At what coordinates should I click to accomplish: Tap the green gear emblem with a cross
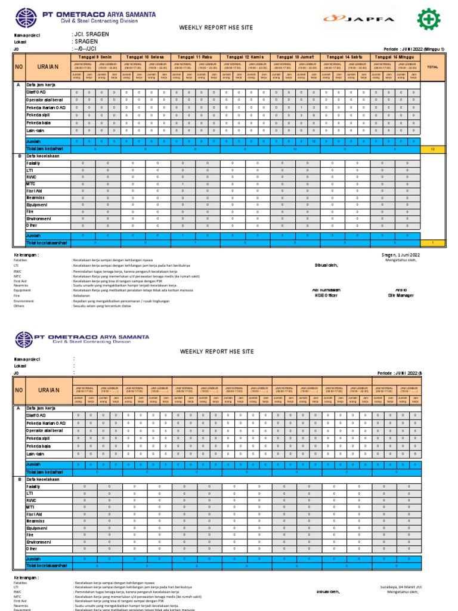[430, 18]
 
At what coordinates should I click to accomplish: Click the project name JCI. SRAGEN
[90, 35]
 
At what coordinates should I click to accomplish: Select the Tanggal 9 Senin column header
[96, 56]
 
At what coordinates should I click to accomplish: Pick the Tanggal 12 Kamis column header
[246, 56]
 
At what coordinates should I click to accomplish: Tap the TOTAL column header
[432, 67]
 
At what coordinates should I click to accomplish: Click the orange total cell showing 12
[432, 149]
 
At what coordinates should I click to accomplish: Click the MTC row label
[31, 184]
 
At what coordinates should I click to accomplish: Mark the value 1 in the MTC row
[183, 184]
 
